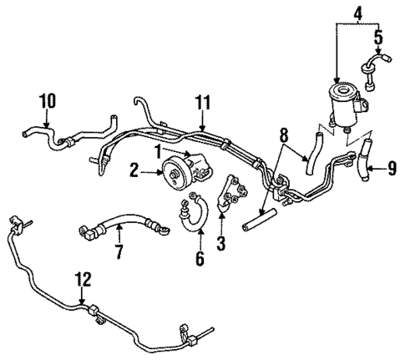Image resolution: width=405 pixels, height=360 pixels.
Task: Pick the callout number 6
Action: point(200,259)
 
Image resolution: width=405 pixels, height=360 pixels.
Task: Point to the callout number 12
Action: point(81,281)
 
